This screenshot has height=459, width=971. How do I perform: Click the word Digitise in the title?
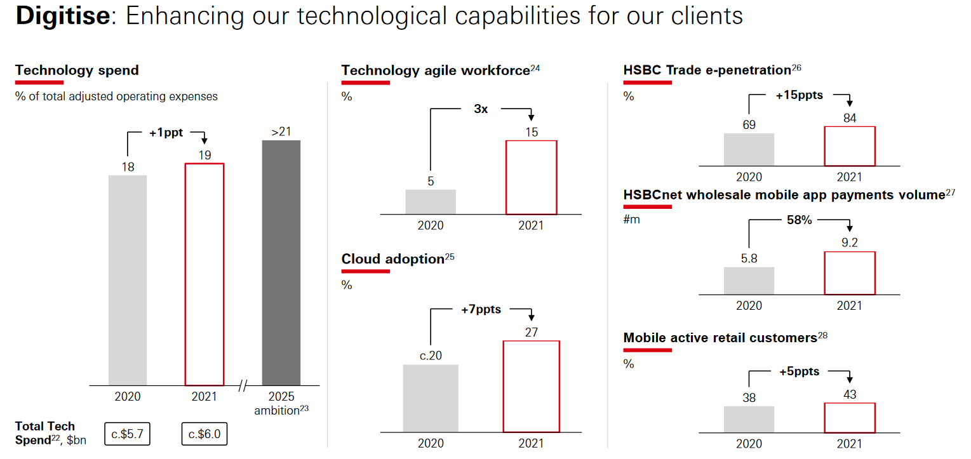pyautogui.click(x=62, y=17)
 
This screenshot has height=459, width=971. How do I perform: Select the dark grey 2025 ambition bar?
pyautogui.click(x=281, y=262)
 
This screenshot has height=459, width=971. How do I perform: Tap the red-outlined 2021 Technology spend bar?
pyautogui.click(x=204, y=274)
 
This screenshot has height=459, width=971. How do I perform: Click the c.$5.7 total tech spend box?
pyautogui.click(x=127, y=434)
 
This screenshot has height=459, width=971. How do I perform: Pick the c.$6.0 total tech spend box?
pyautogui.click(x=204, y=434)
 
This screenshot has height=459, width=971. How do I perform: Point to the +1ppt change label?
pyautogui.click(x=166, y=133)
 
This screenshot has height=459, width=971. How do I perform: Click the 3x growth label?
pyautogui.click(x=481, y=109)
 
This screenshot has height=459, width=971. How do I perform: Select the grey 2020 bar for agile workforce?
pyautogui.click(x=431, y=201)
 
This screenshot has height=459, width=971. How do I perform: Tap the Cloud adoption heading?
pyautogui.click(x=392, y=259)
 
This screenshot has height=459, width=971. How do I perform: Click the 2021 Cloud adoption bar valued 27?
pyautogui.click(x=531, y=386)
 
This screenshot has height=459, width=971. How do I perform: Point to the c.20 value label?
pyautogui.click(x=431, y=356)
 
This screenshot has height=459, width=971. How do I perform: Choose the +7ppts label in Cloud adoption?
pyautogui.click(x=481, y=310)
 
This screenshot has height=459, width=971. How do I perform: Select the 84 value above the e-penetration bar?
pyautogui.click(x=850, y=118)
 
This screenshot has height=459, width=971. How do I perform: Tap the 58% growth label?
pyautogui.click(x=799, y=220)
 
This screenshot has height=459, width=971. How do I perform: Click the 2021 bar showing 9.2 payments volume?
pyautogui.click(x=850, y=273)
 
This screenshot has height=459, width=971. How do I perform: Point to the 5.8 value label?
pyautogui.click(x=749, y=258)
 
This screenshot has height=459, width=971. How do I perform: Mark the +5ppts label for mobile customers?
pyautogui.click(x=799, y=371)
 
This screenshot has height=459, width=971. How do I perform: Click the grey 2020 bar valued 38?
pyautogui.click(x=749, y=419)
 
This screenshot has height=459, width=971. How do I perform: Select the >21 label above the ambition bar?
pyautogui.click(x=281, y=132)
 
